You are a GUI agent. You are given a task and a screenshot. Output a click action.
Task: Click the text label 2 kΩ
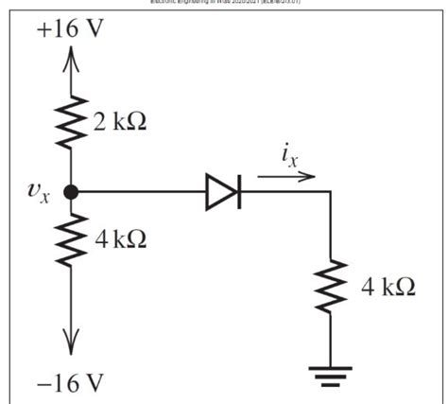click(119, 122)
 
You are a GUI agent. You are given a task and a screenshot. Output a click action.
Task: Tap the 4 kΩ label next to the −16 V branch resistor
click(119, 240)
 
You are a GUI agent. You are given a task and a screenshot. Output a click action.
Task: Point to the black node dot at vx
click(70, 192)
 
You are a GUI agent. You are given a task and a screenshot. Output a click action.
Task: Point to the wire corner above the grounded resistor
click(331, 193)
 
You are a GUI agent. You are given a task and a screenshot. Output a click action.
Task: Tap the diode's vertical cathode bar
click(237, 193)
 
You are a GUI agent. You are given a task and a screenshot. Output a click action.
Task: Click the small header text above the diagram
click(224, 4)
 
